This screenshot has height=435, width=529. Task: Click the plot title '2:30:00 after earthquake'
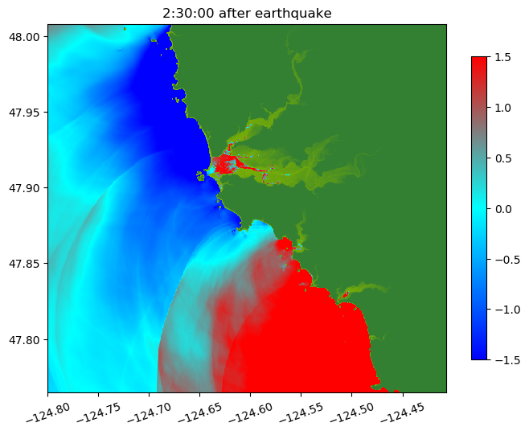[247, 13]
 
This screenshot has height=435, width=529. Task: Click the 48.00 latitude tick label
[27, 37]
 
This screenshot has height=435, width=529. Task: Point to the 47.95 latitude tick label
[27, 113]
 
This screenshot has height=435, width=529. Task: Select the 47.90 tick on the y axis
[27, 188]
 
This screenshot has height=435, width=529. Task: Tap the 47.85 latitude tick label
[27, 264]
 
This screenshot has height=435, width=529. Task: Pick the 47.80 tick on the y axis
[27, 339]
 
